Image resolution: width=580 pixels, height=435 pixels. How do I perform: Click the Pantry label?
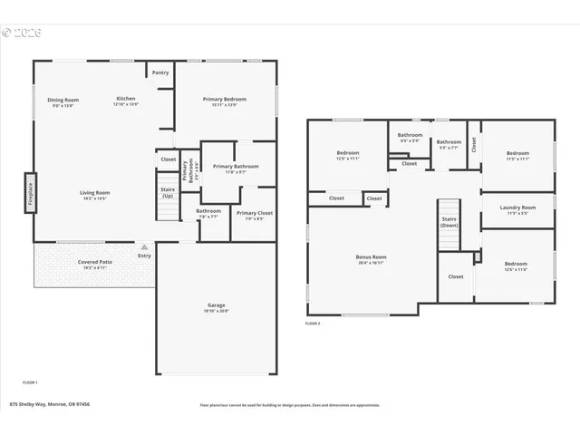pyautogui.click(x=160, y=72)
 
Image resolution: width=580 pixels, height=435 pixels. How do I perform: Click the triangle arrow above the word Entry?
pyautogui.click(x=142, y=246)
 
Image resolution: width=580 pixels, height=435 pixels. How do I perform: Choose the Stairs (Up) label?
pyautogui.click(x=168, y=193)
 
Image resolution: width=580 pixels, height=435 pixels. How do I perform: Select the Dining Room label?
pyautogui.click(x=63, y=100)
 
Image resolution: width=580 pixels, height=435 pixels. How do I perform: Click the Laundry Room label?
pyautogui.click(x=517, y=208)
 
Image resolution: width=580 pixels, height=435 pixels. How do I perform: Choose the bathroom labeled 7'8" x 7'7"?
pyautogui.click(x=208, y=212)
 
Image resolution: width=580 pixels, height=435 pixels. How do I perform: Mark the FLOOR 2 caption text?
pyautogui.click(x=313, y=324)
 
